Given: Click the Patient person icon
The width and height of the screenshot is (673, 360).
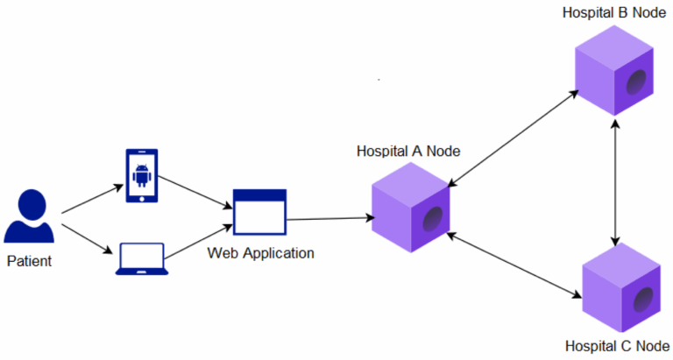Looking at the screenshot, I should (31, 218).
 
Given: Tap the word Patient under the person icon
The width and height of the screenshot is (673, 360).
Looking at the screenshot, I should (30, 261).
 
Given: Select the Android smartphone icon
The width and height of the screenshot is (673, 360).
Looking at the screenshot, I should (142, 176).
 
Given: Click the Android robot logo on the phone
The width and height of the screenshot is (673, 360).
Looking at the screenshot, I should (142, 176).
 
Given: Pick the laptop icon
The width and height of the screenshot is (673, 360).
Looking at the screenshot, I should (141, 260).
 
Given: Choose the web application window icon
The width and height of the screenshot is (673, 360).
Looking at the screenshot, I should (259, 211).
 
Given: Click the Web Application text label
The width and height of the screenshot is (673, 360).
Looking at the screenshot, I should (260, 254).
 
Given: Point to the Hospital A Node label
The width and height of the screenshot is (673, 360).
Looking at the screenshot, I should (409, 151).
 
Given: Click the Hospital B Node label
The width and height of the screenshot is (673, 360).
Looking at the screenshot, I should (613, 13).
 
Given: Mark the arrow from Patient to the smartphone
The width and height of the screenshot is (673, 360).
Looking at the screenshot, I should (92, 200).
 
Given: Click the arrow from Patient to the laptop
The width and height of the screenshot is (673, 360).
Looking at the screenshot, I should (91, 237).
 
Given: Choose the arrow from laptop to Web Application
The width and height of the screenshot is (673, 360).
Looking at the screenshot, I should (200, 244).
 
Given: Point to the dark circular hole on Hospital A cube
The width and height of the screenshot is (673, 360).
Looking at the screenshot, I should (433, 219).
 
